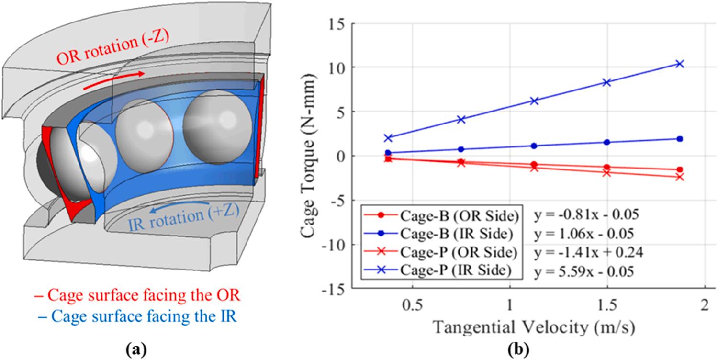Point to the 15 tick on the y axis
tap(338, 23)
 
